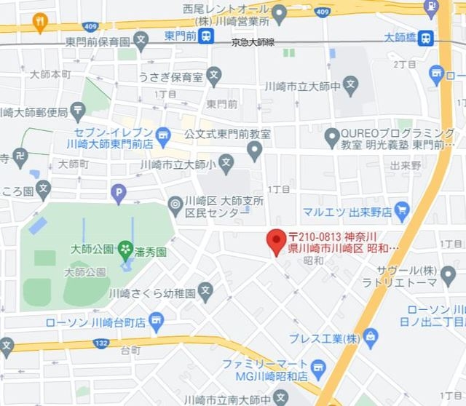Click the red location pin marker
click(276, 241)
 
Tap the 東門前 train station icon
click(208, 36)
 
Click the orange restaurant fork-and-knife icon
click(40, 23)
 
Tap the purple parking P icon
click(117, 193)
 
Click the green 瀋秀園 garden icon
click(125, 250)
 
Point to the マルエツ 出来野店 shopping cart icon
click(403, 212)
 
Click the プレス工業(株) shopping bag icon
click(371, 336)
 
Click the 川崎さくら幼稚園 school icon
click(207, 293)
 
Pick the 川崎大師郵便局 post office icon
click(78, 111)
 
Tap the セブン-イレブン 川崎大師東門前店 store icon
click(163, 134)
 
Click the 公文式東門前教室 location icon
click(254, 151)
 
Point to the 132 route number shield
click(102, 342)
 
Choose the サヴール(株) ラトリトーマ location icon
click(449, 274)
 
